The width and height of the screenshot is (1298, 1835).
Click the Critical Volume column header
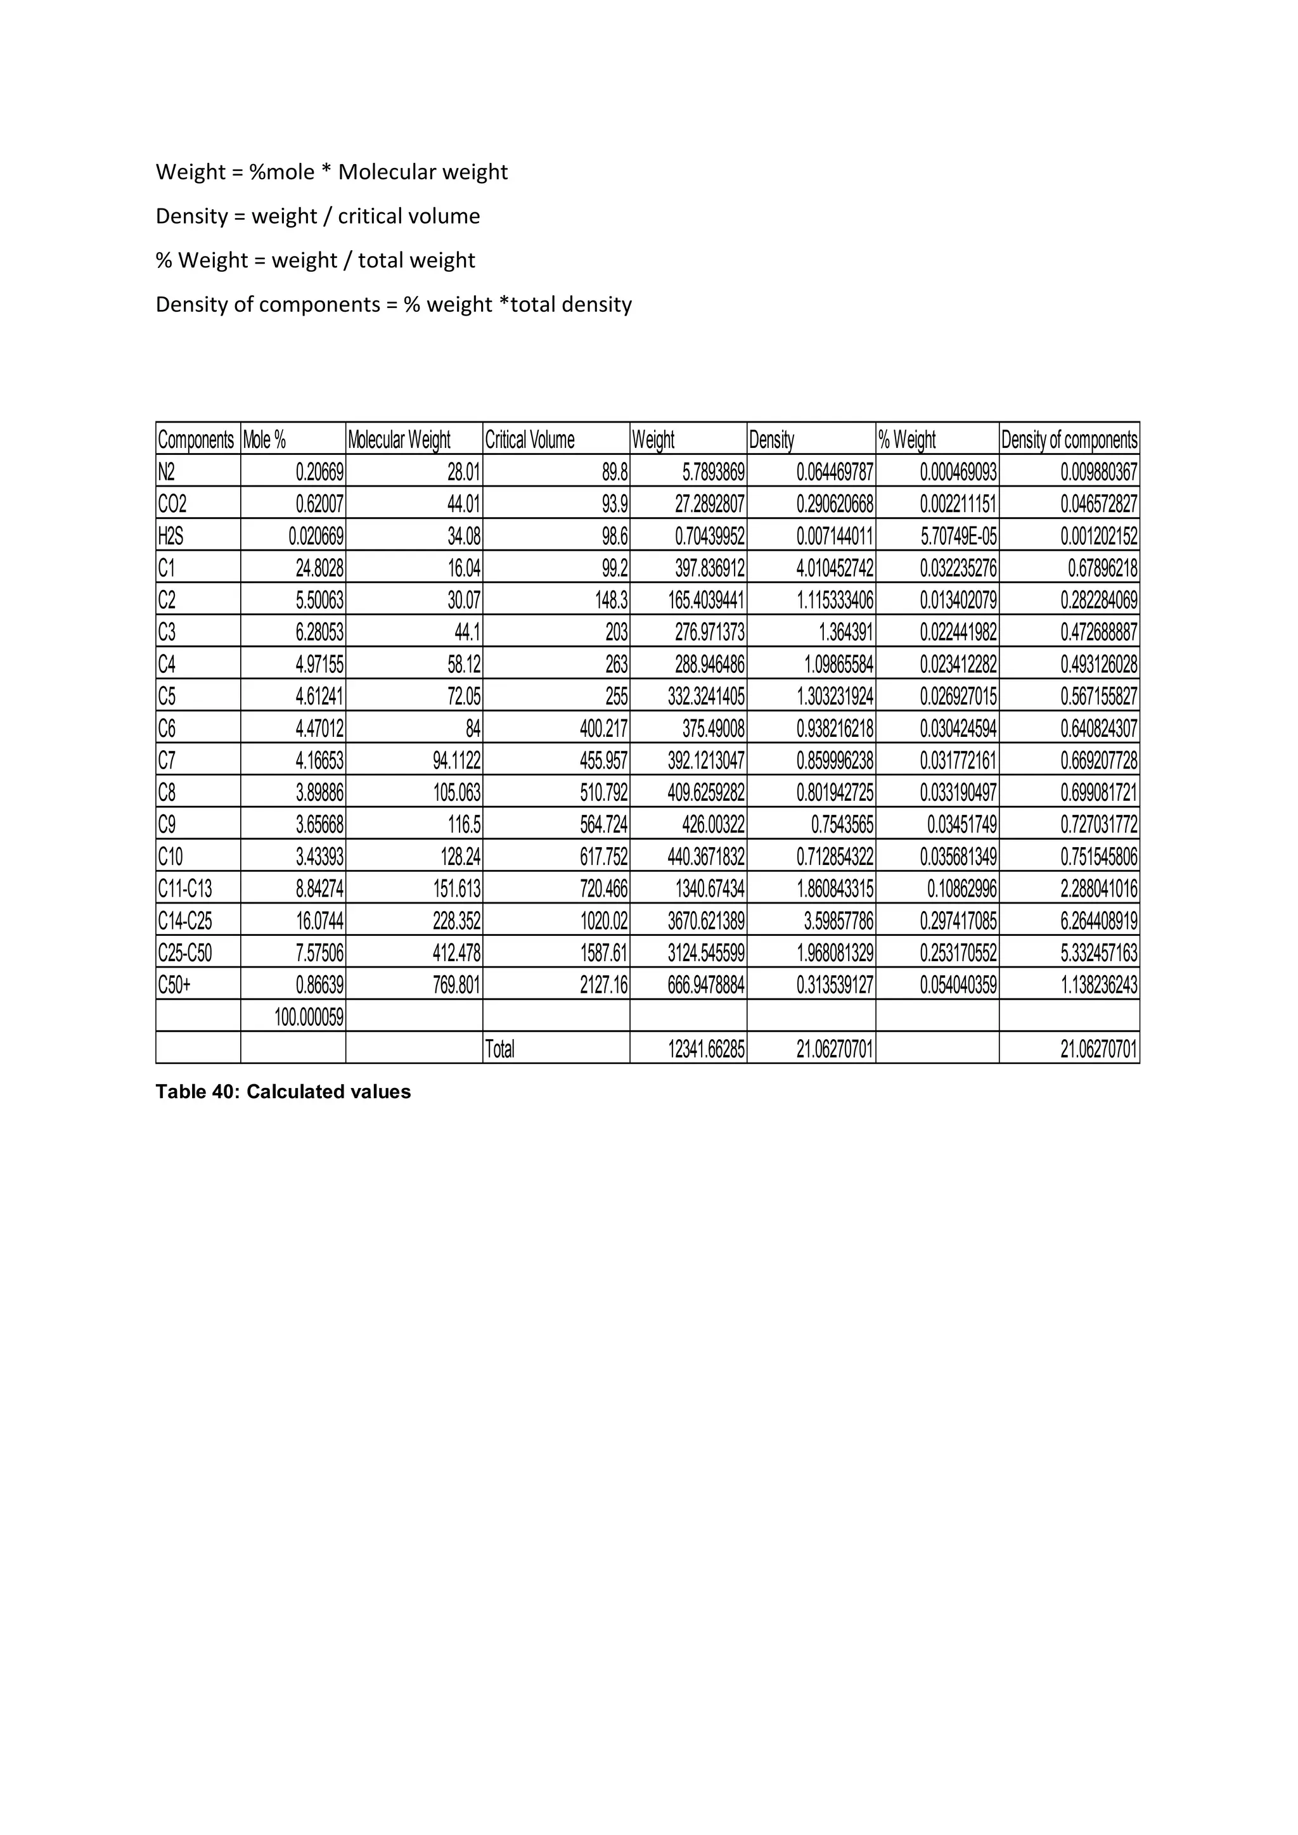coord(530,440)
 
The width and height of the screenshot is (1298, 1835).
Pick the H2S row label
coord(171,536)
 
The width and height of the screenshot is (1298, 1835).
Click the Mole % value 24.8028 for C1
coord(319,568)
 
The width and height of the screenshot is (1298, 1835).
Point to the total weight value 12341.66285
coord(707,1049)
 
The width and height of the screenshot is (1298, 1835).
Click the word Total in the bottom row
coord(500,1049)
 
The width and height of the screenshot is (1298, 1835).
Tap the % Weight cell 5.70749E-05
coord(958,536)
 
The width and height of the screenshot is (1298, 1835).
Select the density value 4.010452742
coord(835,568)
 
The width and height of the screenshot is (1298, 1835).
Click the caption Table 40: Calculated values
coord(283,1092)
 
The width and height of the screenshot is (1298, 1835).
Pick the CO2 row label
coord(172,504)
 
